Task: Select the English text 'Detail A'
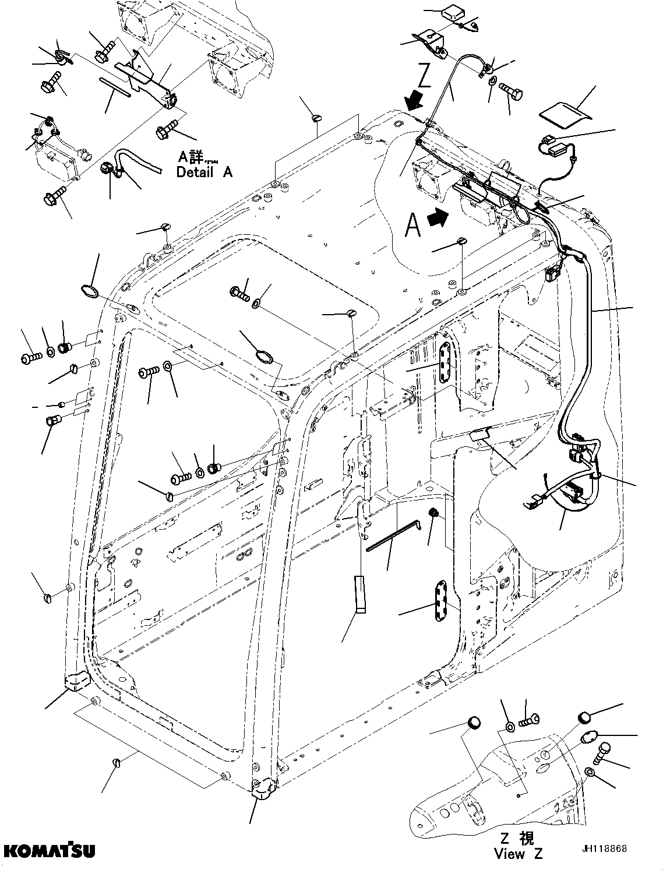(204, 172)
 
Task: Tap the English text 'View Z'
(518, 854)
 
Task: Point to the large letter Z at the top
(424, 76)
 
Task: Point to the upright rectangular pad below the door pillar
(360, 594)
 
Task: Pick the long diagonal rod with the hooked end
(393, 534)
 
